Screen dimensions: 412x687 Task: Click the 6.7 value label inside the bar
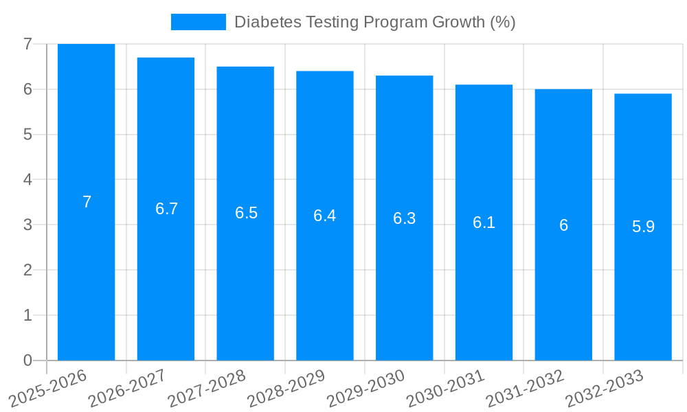pos(166,209)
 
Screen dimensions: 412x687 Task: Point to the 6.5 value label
pos(246,213)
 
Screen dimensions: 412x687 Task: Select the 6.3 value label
pos(404,218)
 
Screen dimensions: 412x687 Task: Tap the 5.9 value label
pos(643,227)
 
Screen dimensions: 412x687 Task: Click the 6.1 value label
pos(484,222)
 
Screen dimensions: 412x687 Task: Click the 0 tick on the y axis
pos(27,360)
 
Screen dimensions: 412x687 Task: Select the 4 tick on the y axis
pos(27,179)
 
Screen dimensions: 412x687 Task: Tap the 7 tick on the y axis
pos(27,44)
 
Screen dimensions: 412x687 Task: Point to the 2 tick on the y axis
pos(27,270)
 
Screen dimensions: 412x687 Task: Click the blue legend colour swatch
pos(198,22)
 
